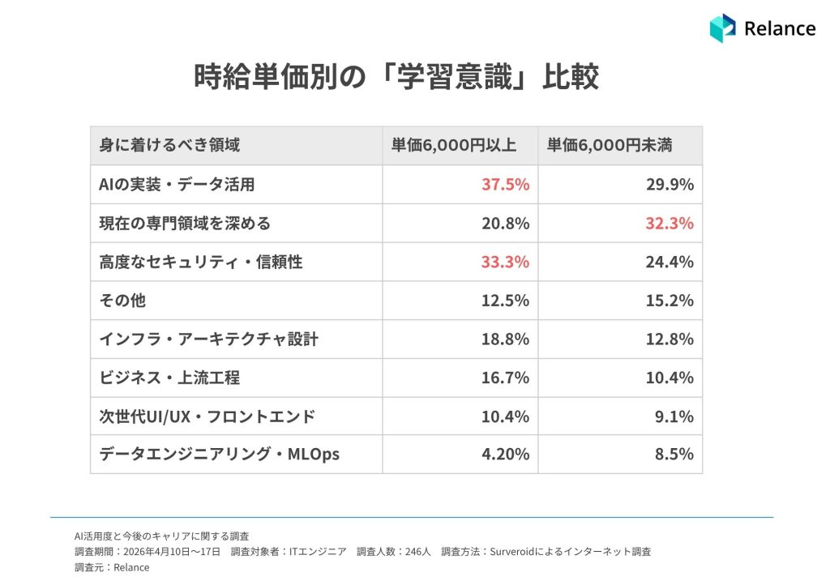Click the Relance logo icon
[x=722, y=28]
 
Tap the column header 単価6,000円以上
[x=454, y=145]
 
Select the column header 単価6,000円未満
[x=610, y=145]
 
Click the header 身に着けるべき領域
[x=169, y=145]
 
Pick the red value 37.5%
[x=506, y=184]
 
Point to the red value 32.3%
[x=670, y=223]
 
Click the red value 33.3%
[x=506, y=262]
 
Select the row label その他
[x=122, y=301]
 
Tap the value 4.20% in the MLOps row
[x=506, y=454]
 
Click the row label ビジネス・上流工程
[x=169, y=378]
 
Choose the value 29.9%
[x=670, y=184]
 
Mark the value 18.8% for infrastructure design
[x=506, y=339]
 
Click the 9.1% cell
[x=674, y=416]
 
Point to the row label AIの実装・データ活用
[x=177, y=184]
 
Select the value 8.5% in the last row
[x=674, y=454]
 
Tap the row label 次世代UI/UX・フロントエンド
[x=207, y=416]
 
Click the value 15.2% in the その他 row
[x=670, y=301]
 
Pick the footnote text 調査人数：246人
[x=394, y=552]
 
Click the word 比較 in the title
[x=571, y=77]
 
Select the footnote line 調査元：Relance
[x=112, y=567]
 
